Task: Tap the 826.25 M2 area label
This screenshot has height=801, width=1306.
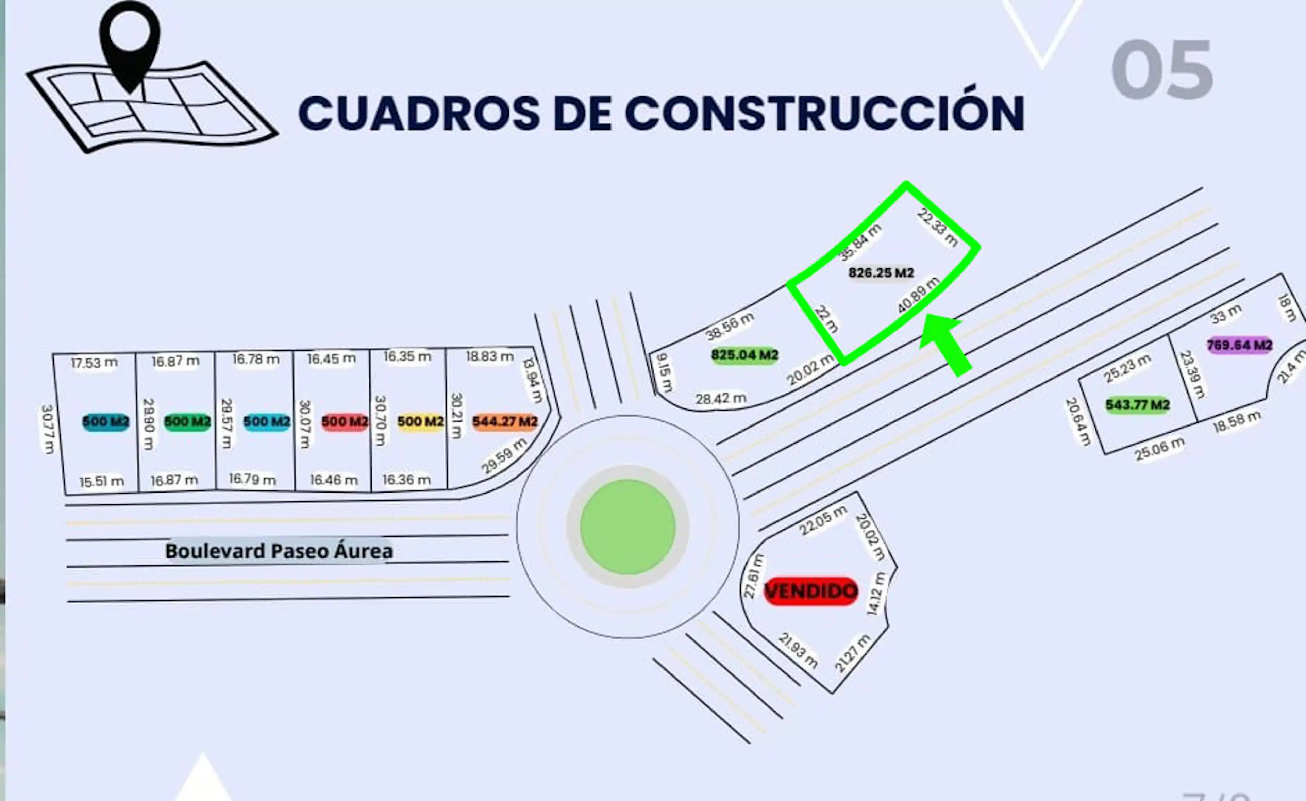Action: click(x=881, y=273)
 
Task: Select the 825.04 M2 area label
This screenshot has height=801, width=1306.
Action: click(x=745, y=355)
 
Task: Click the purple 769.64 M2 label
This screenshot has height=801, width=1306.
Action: click(x=1239, y=345)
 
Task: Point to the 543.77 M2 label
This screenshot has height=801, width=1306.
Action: click(x=1137, y=405)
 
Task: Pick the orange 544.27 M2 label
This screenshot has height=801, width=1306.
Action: click(x=505, y=421)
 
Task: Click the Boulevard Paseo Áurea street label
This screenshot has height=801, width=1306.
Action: click(x=279, y=551)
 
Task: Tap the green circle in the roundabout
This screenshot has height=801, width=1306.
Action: click(x=627, y=527)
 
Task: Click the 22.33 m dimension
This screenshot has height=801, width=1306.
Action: click(x=938, y=228)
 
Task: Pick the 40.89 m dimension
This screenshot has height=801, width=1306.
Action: click(x=918, y=295)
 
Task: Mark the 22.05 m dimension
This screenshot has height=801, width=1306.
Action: click(x=823, y=521)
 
